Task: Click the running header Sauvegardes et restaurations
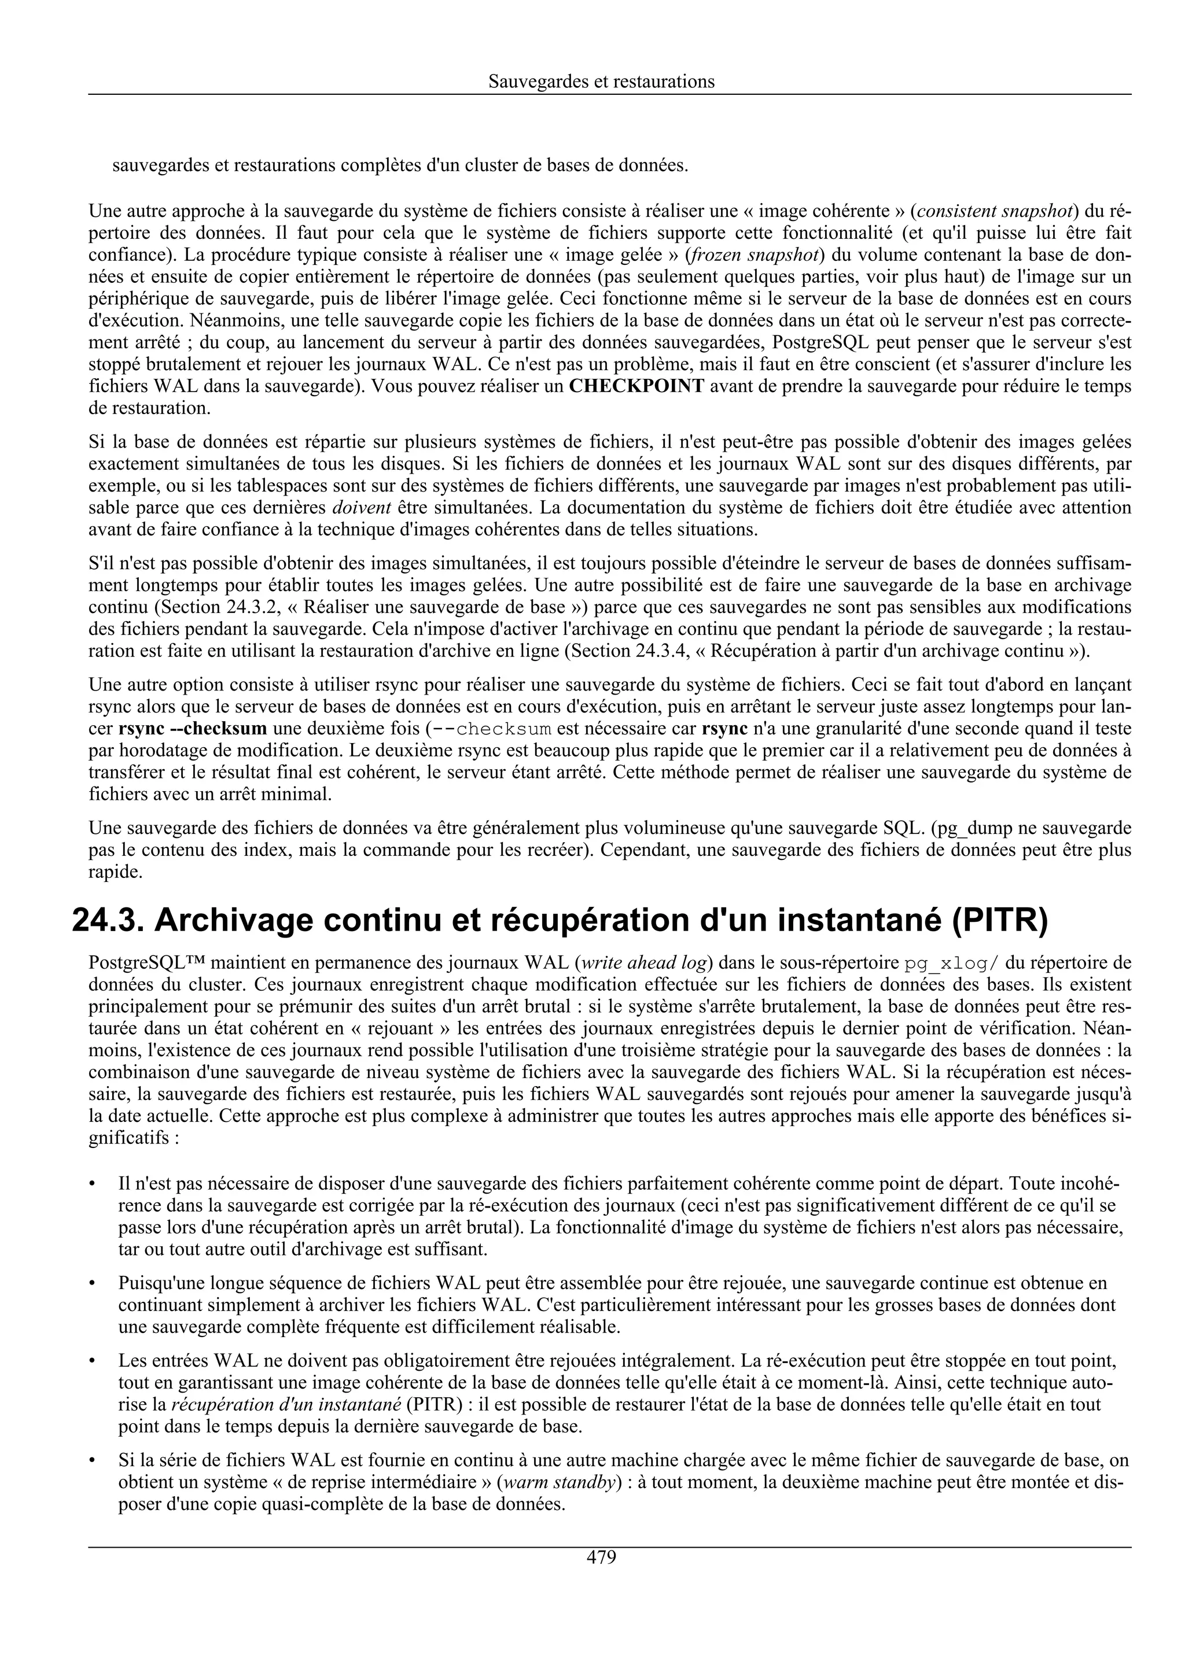tap(601, 82)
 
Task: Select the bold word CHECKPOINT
tap(636, 386)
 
